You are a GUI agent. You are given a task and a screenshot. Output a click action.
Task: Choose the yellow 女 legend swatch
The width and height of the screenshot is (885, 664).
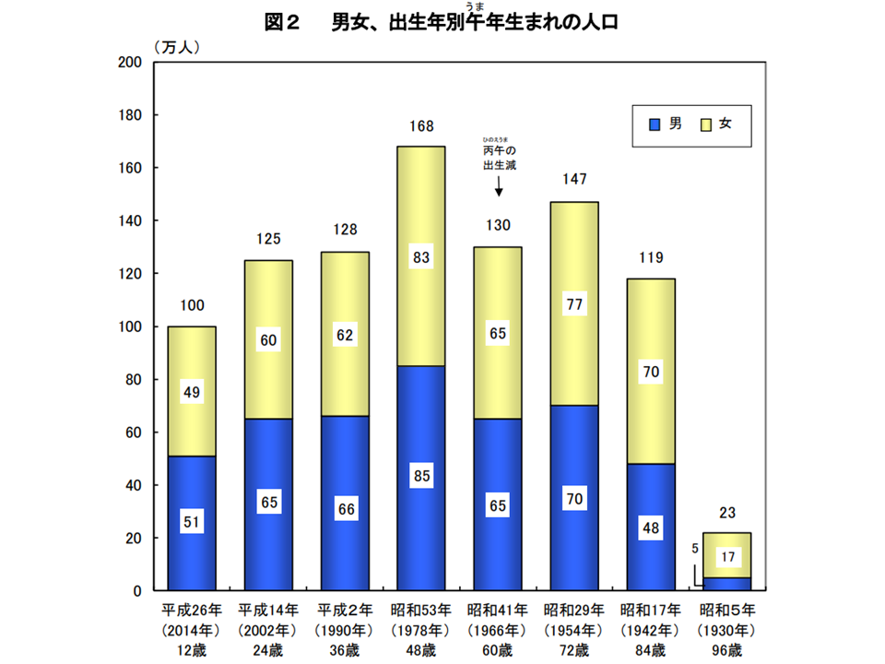click(708, 124)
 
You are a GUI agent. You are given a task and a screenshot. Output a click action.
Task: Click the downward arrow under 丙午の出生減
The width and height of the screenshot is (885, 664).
click(499, 186)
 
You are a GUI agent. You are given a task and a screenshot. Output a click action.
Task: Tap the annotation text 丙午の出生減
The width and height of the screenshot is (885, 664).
click(499, 157)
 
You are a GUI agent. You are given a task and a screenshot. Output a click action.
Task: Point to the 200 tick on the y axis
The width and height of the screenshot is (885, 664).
click(128, 63)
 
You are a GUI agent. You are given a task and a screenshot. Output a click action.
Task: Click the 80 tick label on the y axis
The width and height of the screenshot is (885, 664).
click(132, 380)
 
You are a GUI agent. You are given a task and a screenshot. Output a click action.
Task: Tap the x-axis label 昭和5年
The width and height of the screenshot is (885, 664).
click(727, 610)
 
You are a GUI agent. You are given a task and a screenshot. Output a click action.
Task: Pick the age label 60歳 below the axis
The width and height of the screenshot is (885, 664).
click(499, 649)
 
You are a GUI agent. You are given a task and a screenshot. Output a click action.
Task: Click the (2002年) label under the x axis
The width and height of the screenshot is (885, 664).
click(269, 630)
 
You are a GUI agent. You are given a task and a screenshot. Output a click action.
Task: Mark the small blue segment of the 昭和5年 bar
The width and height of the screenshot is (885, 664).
click(727, 584)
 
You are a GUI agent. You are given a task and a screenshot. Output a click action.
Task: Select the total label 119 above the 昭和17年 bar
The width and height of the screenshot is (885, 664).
click(652, 258)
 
